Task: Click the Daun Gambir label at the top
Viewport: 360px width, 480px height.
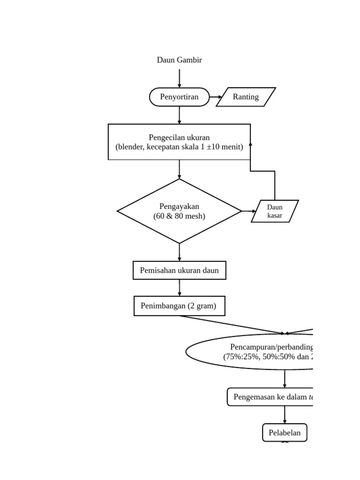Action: [x=179, y=60]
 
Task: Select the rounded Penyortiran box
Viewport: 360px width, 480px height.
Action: [x=179, y=97]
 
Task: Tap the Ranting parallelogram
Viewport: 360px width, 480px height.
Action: [x=246, y=97]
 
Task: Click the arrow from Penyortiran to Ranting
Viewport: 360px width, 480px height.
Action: [x=216, y=97]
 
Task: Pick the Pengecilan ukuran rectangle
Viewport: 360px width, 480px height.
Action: [x=179, y=142]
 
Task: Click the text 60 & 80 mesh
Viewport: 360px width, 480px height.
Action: [x=179, y=216]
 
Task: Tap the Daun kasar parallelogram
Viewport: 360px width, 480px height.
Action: [x=275, y=211]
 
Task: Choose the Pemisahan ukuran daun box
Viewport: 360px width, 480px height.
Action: [x=179, y=270]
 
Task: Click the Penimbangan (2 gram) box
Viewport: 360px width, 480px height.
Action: [x=179, y=306]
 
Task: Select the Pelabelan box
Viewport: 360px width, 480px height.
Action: [x=285, y=433]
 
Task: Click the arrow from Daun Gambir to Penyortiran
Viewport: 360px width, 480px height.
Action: [x=179, y=78]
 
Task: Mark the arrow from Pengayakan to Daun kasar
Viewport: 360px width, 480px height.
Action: [x=249, y=211]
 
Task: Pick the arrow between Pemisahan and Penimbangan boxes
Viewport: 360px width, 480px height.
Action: [x=179, y=288]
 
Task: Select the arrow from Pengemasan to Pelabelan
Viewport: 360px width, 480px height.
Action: [x=285, y=415]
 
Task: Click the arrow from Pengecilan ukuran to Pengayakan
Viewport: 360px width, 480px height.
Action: [x=179, y=169]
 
